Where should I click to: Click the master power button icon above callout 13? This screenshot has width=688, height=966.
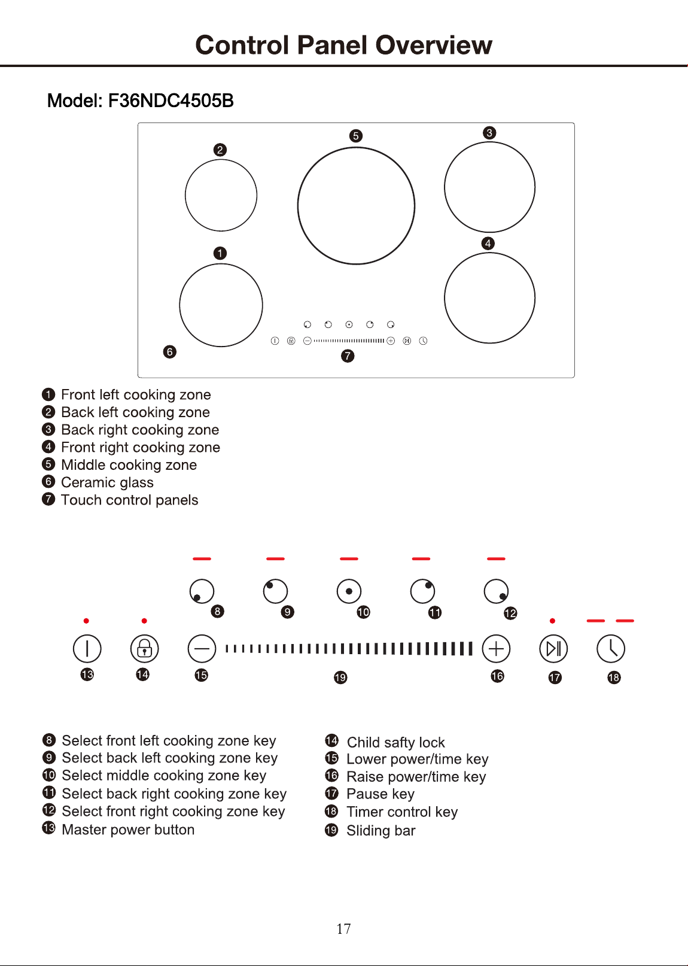pyautogui.click(x=87, y=649)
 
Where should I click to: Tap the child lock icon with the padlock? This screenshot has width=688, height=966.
pyautogui.click(x=144, y=649)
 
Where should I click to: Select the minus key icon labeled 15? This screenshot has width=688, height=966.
pyautogui.click(x=202, y=649)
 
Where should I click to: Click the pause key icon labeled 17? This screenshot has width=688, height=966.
pyautogui.click(x=553, y=649)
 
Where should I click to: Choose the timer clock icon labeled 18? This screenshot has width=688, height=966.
pyautogui.click(x=611, y=649)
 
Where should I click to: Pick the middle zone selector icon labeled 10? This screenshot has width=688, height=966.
pyautogui.click(x=349, y=591)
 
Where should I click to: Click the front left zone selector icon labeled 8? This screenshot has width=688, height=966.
pyautogui.click(x=202, y=591)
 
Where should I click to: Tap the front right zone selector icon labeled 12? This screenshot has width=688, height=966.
pyautogui.click(x=496, y=591)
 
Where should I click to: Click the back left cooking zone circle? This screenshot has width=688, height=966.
pyautogui.click(x=185, y=195)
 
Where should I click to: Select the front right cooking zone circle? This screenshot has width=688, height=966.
pyautogui.click(x=445, y=297)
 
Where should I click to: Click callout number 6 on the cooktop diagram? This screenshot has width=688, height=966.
pyautogui.click(x=170, y=352)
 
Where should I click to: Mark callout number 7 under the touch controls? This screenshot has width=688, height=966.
pyautogui.click(x=348, y=356)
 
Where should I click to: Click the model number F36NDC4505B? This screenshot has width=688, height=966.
pyautogui.click(x=171, y=101)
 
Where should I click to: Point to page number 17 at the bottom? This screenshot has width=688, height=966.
pyautogui.click(x=343, y=928)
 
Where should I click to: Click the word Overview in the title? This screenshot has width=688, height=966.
pyautogui.click(x=434, y=45)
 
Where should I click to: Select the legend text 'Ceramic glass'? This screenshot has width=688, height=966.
pyautogui.click(x=107, y=482)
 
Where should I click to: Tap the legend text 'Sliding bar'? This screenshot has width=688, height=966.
pyautogui.click(x=381, y=831)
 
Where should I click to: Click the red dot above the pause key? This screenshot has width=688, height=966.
pyautogui.click(x=553, y=621)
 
